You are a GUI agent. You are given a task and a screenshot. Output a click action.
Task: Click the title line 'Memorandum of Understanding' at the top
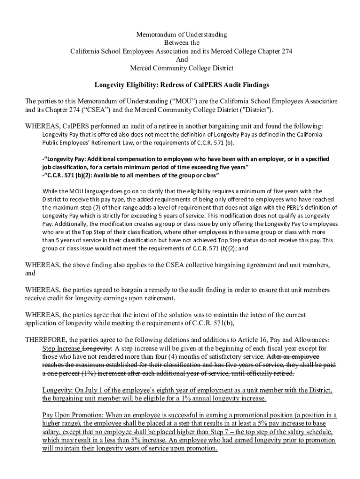point(181,35)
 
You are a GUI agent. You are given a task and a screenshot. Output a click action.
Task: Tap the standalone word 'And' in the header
point(181,60)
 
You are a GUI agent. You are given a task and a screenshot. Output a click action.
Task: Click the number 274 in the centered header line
point(286,51)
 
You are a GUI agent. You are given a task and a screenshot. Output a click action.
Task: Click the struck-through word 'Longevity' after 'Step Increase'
point(97,348)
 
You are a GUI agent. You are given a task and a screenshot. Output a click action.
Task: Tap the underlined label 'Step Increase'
point(61,348)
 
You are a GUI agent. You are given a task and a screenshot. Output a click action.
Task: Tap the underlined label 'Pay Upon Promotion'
point(72,415)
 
